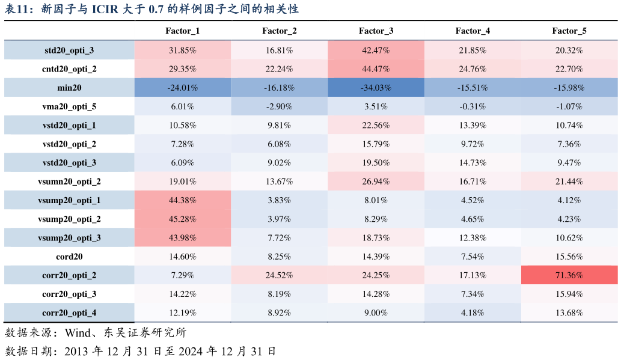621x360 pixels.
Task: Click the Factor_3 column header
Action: coord(376,31)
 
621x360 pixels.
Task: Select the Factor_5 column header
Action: coord(569,31)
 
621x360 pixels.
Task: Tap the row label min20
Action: coord(69,88)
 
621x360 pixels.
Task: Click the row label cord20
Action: coord(69,257)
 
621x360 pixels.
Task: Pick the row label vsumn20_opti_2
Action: coord(69,182)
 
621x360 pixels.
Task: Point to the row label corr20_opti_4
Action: coord(69,313)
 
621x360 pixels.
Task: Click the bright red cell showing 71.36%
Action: coord(569,275)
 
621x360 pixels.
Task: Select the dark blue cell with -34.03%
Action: coord(376,88)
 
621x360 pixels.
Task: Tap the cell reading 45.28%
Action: coord(183,219)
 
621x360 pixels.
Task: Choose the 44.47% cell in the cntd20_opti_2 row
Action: coord(376,69)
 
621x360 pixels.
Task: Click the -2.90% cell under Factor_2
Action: coord(279,106)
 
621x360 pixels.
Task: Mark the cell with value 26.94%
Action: coord(376,182)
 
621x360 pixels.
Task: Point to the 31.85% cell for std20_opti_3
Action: coord(183,50)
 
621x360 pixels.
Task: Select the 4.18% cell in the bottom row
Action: coord(473,313)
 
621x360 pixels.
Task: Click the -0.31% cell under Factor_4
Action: coord(473,106)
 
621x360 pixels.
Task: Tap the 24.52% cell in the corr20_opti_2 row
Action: coord(279,275)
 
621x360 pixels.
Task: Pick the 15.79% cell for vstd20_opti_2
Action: coord(376,144)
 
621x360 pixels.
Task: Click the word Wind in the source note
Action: coord(78,333)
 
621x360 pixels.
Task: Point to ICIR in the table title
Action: coord(105,8)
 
